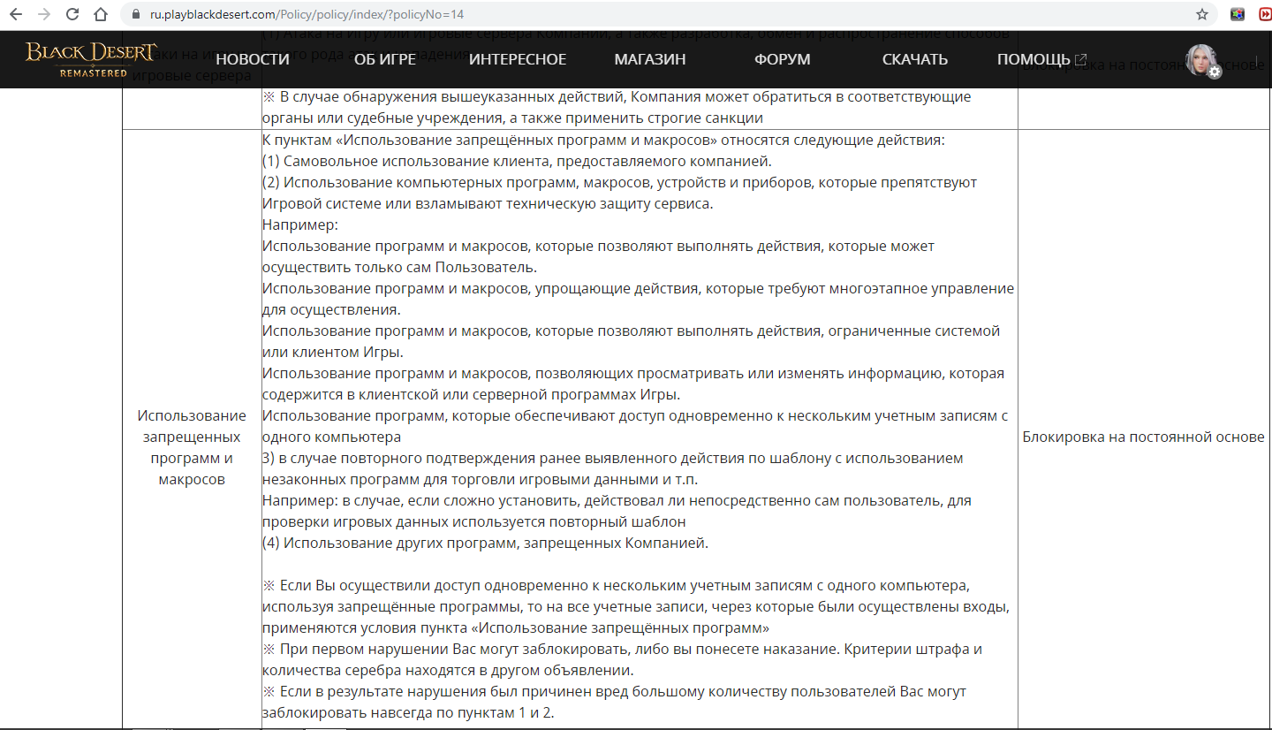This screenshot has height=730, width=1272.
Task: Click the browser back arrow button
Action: (x=16, y=14)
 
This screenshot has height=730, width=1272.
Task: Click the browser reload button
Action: (x=72, y=14)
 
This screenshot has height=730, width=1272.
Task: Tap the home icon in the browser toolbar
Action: (x=101, y=14)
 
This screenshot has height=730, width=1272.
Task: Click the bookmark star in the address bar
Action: (x=1201, y=14)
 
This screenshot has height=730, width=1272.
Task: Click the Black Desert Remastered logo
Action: (x=92, y=58)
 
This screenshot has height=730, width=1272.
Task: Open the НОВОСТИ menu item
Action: (x=253, y=59)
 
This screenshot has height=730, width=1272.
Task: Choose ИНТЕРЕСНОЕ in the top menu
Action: (x=518, y=59)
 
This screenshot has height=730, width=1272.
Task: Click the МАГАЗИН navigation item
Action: (x=650, y=59)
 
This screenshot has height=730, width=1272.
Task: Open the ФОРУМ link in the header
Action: (x=782, y=59)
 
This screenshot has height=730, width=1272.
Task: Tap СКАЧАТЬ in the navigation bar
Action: (x=915, y=59)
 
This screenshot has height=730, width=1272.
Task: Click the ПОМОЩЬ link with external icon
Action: (x=1041, y=59)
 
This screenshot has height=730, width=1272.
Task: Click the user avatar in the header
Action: (x=1202, y=60)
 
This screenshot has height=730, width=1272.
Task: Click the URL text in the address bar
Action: (x=300, y=14)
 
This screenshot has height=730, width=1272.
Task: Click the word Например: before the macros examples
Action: (x=294, y=224)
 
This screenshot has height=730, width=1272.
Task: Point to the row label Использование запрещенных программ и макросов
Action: (x=192, y=447)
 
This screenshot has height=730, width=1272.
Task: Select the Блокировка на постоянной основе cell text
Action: (x=1143, y=437)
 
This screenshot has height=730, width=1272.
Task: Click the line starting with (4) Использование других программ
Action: (x=485, y=543)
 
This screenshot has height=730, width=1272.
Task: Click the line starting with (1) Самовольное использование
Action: (x=517, y=161)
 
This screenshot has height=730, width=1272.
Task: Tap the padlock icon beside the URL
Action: (x=134, y=14)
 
